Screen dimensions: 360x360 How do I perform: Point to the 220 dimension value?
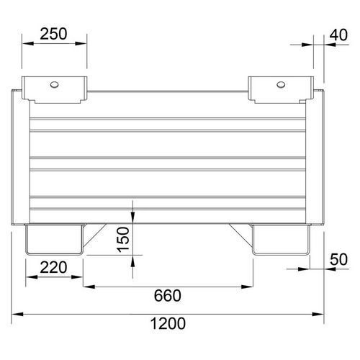[55, 268]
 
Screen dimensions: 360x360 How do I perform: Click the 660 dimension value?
[168, 296]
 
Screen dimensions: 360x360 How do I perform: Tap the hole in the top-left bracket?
[55, 84]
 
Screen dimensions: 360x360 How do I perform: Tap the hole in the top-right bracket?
[280, 84]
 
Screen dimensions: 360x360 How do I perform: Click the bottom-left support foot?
[54, 239]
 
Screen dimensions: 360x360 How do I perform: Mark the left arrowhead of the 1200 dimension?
[18, 314]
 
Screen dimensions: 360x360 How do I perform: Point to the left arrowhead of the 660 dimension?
[86, 287]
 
